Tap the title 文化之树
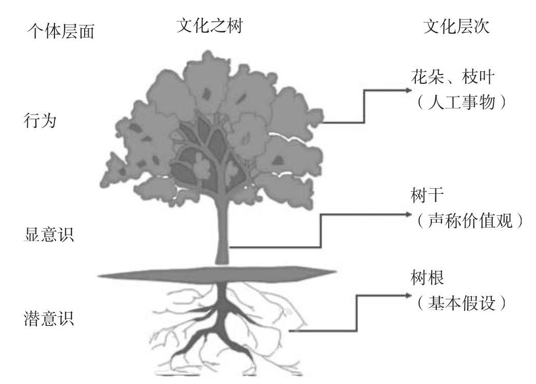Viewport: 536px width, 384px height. click(x=209, y=27)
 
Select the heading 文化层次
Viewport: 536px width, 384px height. click(x=456, y=27)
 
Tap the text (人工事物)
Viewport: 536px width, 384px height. click(x=462, y=102)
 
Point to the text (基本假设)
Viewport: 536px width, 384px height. click(x=462, y=303)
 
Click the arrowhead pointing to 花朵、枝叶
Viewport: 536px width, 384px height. click(x=409, y=90)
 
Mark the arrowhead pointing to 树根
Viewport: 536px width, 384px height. click(x=409, y=295)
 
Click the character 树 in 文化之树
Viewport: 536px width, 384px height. click(x=234, y=27)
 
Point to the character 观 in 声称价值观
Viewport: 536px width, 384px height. click(x=504, y=222)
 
